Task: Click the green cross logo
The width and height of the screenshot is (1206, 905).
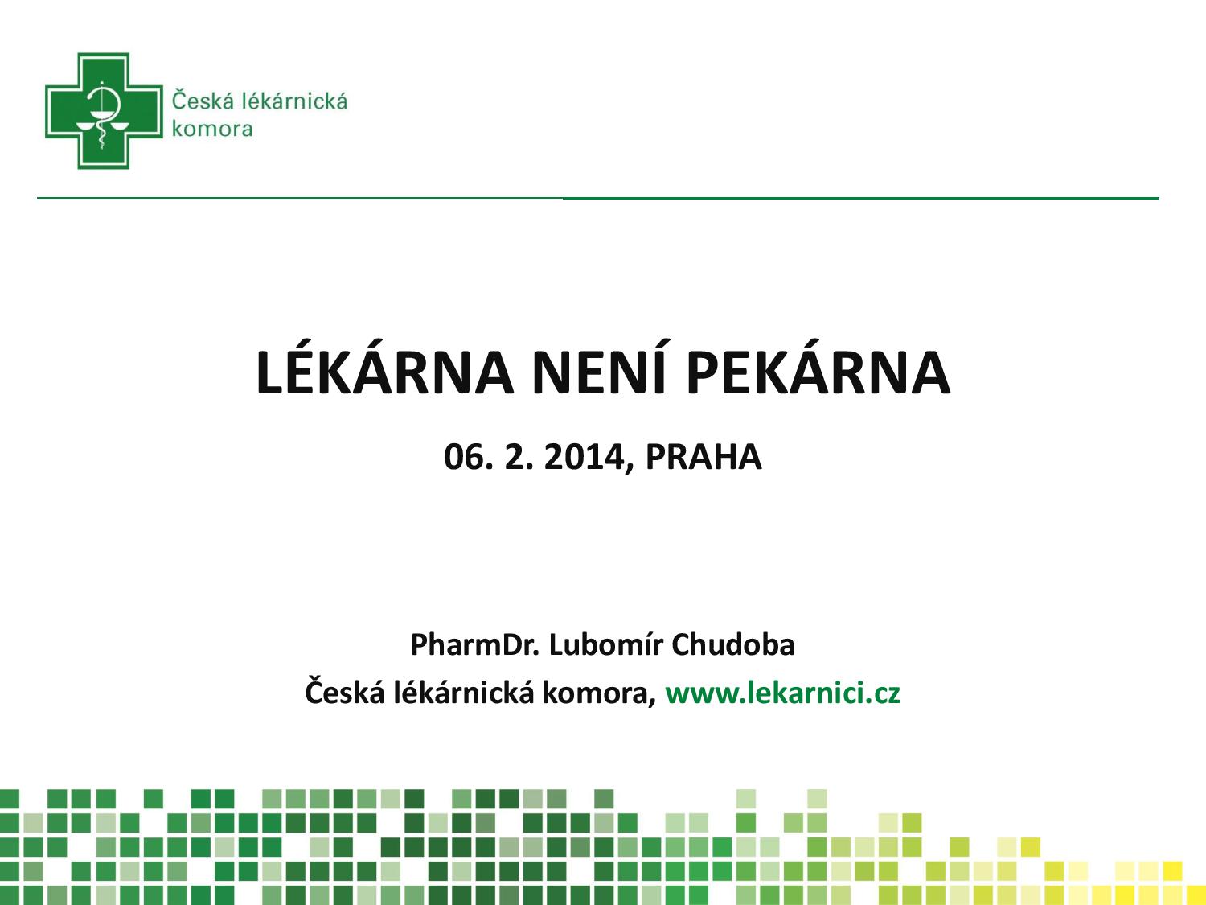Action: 104,111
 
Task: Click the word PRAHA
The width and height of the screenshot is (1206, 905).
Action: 703,457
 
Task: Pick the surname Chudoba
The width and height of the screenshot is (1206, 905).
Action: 733,644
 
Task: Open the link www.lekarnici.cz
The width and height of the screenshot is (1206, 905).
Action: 782,693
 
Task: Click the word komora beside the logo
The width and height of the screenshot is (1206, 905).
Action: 212,129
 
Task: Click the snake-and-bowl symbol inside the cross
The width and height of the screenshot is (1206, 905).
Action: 101,114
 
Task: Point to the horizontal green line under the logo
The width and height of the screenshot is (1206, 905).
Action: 598,198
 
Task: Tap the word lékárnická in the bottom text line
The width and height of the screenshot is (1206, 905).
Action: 463,693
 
